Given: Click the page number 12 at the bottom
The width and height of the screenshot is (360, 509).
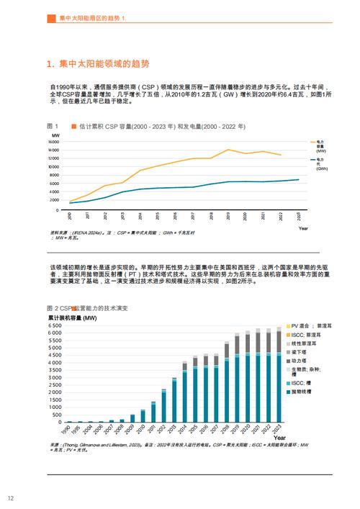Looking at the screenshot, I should pos(11,498).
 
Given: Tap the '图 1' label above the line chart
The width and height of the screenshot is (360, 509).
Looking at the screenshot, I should pos(53,126).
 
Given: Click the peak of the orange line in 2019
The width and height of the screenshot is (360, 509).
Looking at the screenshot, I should pos(228,150).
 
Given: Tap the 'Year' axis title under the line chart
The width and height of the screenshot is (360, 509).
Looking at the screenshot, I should pos(303,228).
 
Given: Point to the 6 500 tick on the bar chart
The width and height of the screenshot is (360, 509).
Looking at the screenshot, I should pos(58,326).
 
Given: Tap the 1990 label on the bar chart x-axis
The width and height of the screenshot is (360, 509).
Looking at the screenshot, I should pos(67,430).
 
